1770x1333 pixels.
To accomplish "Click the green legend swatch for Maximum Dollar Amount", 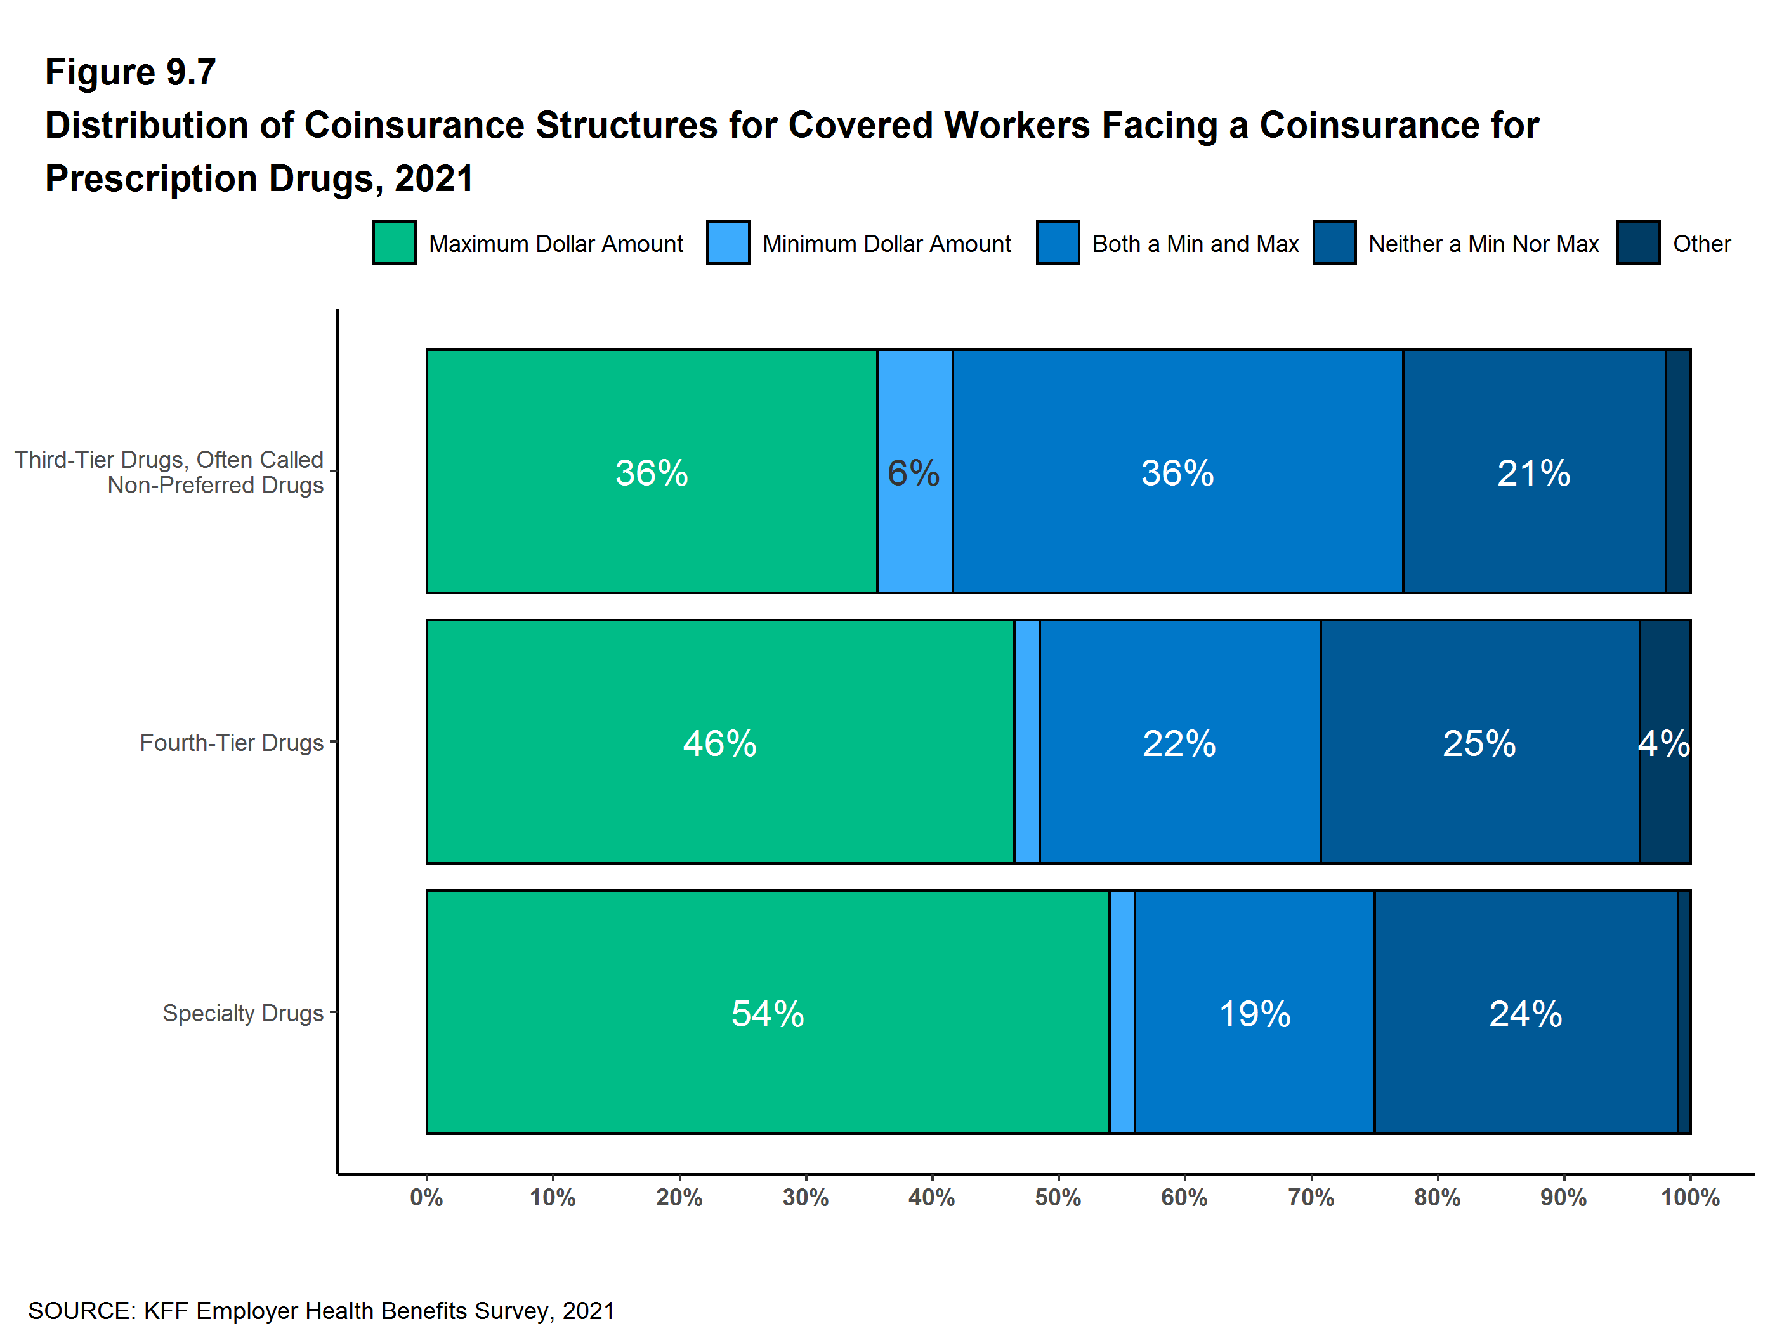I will pos(394,242).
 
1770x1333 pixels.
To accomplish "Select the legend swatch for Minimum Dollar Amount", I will pos(728,242).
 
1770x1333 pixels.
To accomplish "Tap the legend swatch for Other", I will pos(1638,242).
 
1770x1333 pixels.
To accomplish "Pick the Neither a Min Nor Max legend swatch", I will pos(1334,242).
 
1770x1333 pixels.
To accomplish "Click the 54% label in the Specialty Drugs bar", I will pos(768,1014).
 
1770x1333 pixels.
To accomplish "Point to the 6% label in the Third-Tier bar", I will pos(913,472).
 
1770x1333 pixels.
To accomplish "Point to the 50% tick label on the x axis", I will pos(1058,1198).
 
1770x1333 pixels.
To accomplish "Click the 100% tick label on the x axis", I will pos(1690,1198).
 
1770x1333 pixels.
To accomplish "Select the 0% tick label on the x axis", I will pos(426,1198).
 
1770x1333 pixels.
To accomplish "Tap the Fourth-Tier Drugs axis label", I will pos(232,743).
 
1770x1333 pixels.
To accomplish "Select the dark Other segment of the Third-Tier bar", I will pos(1678,472).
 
